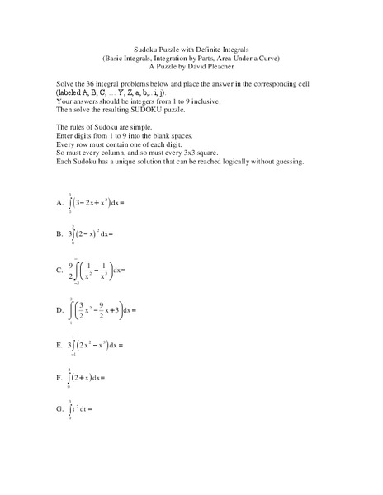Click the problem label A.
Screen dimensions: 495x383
pyautogui.click(x=59, y=201)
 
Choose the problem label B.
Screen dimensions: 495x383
pyautogui.click(x=59, y=233)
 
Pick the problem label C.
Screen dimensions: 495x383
pyautogui.click(x=59, y=270)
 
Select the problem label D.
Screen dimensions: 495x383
pyautogui.click(x=59, y=310)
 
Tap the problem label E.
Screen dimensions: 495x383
pyautogui.click(x=59, y=344)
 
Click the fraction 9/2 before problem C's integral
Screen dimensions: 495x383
pyautogui.click(x=71, y=270)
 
